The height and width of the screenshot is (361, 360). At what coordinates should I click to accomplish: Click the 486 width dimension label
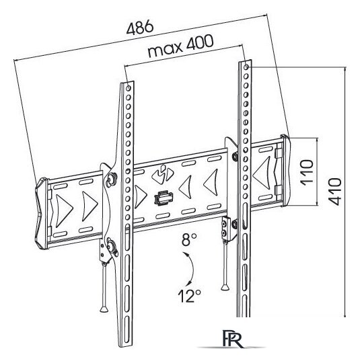click(x=140, y=27)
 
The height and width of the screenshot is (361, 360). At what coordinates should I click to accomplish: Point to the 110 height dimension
click(x=307, y=172)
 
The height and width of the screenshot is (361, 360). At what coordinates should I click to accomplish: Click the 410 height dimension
click(x=334, y=192)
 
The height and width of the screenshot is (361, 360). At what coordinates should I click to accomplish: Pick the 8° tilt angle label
click(x=189, y=239)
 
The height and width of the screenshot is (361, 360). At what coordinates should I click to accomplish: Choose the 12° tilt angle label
click(x=189, y=296)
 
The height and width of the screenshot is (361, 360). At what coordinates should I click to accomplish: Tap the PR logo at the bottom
click(x=233, y=339)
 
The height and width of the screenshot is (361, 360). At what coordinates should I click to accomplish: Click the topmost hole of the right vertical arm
click(x=246, y=67)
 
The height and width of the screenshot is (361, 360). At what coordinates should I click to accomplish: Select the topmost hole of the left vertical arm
click(x=129, y=88)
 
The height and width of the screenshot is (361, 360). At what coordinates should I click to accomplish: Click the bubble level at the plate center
click(x=164, y=198)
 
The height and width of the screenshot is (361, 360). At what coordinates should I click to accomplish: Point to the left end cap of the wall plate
click(x=42, y=213)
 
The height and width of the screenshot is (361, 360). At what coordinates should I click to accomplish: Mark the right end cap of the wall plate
click(x=286, y=170)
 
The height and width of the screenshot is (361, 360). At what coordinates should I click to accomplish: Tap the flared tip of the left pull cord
click(x=104, y=309)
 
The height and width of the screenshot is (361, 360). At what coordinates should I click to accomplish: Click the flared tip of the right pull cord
click(x=225, y=287)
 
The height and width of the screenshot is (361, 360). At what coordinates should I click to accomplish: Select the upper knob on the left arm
click(x=112, y=179)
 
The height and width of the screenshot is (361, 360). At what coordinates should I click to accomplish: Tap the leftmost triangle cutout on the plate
click(x=64, y=211)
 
